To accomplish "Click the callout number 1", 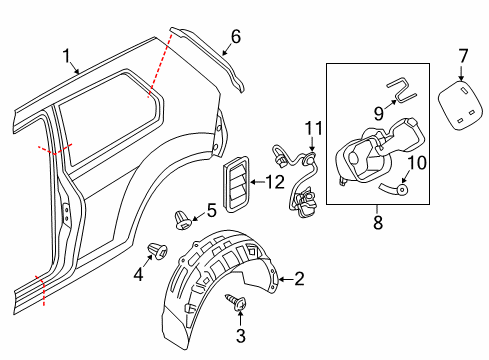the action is coord(67,56).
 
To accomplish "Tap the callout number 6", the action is coord(236,37).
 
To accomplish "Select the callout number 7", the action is coord(464,56).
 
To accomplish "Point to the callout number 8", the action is coord(378,222).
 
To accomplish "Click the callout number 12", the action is coord(275,182).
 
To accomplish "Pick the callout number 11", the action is coord(314,129).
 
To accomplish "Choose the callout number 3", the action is coord(241,335).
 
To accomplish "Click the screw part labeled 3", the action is coord(236,301).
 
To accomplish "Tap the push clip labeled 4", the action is coord(157,251).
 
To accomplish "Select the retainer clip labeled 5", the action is coord(183,220).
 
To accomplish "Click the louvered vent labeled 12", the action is coord(236,184).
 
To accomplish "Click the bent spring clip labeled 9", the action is coord(402,89).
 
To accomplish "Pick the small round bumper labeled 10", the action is coord(402,190).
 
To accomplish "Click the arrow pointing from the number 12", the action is coord(257,182).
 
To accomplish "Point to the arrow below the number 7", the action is coord(461,73).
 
